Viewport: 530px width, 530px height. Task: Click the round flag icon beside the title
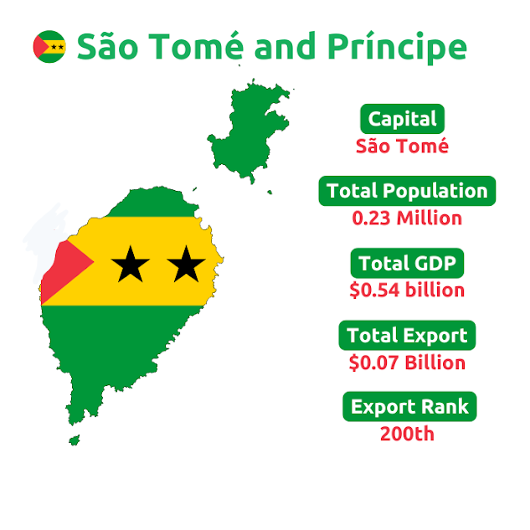(x=49, y=47)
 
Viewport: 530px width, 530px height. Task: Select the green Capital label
(x=402, y=119)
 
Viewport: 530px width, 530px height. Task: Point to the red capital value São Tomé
(x=402, y=147)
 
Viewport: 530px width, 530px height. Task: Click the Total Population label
(x=407, y=191)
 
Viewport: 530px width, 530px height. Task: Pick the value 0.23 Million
(x=407, y=219)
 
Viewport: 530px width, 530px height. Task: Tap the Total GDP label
(x=407, y=264)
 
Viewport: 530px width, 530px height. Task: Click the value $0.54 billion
(x=407, y=291)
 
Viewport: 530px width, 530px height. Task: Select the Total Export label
(x=407, y=336)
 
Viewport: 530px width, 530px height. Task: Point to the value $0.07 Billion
(x=407, y=363)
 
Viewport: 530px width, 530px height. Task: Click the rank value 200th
(x=407, y=435)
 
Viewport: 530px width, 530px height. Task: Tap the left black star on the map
(x=131, y=265)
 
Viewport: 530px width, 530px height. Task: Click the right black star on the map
(x=186, y=265)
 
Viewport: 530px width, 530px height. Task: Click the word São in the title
(x=107, y=47)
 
